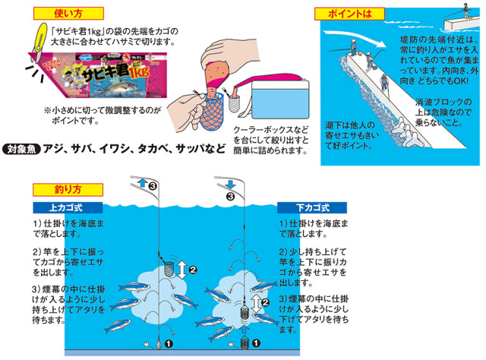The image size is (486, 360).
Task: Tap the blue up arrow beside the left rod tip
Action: point(141,184)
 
